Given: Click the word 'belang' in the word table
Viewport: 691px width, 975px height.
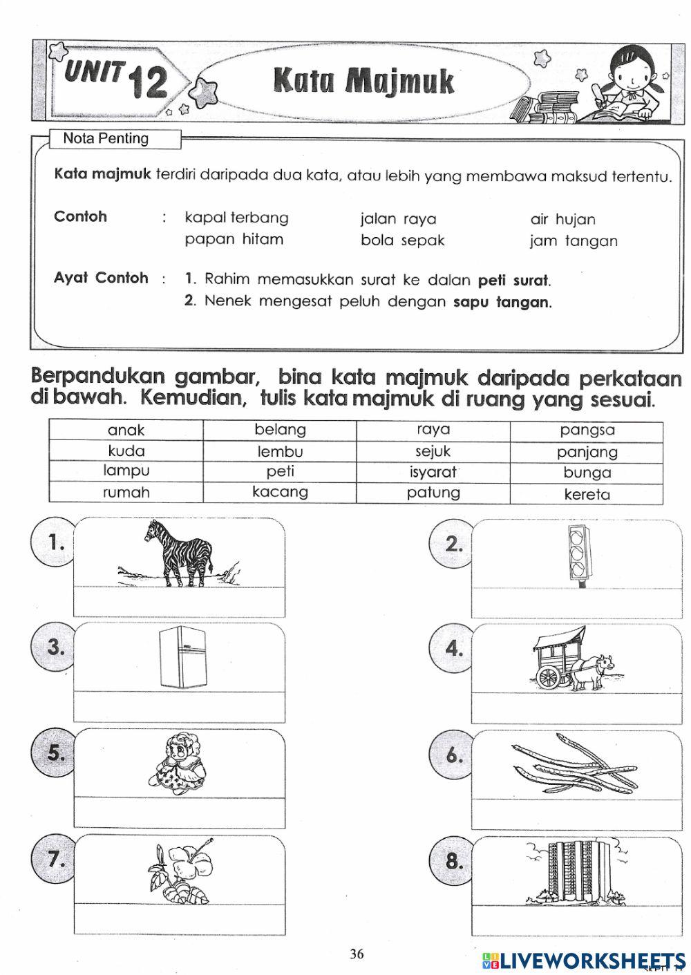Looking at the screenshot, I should click(x=280, y=430).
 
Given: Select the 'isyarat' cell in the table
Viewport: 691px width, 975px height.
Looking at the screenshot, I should click(x=433, y=473).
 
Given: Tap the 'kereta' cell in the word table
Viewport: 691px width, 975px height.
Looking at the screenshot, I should click(x=587, y=494).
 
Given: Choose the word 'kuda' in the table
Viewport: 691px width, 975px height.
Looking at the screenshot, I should click(x=126, y=451).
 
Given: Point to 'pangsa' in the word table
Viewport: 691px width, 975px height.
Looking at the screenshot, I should click(x=587, y=430).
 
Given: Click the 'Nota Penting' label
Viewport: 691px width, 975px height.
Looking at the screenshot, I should click(x=106, y=138).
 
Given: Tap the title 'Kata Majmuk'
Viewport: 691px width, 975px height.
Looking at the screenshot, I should click(x=364, y=81).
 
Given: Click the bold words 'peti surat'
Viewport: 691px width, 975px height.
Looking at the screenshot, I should click(x=513, y=281).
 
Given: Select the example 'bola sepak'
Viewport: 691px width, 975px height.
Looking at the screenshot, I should click(x=402, y=240).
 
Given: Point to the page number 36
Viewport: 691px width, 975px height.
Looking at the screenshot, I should click(x=357, y=954).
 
